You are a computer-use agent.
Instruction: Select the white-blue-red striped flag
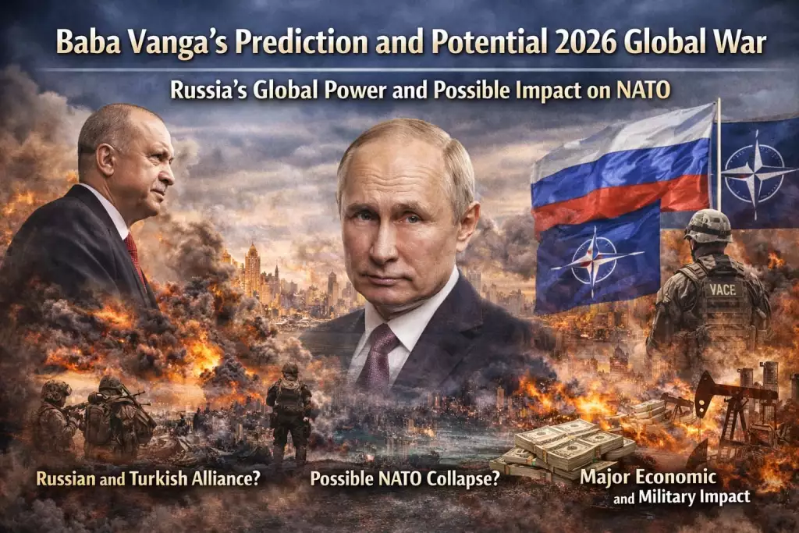616,172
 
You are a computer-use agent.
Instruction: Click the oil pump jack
730,406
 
